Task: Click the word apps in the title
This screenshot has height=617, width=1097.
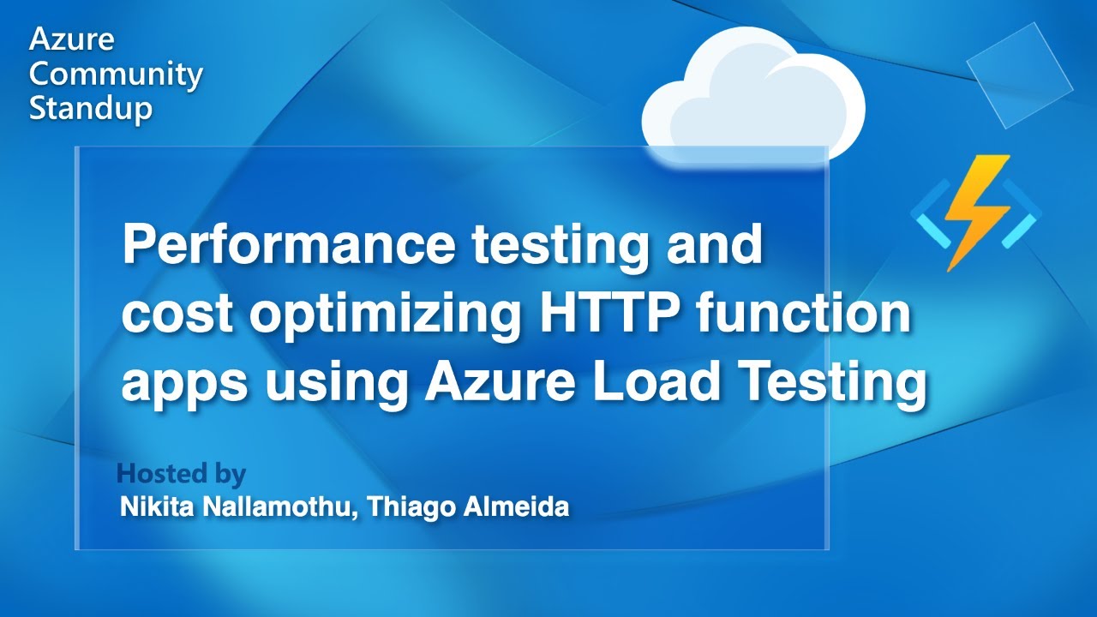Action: tap(183, 386)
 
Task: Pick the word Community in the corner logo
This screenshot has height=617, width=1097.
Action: tap(116, 75)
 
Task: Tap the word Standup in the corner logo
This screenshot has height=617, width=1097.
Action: tap(91, 109)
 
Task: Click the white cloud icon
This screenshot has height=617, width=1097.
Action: tap(752, 97)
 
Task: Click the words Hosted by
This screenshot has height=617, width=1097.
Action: tap(181, 474)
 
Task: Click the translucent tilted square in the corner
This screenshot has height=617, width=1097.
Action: tap(1019, 75)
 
